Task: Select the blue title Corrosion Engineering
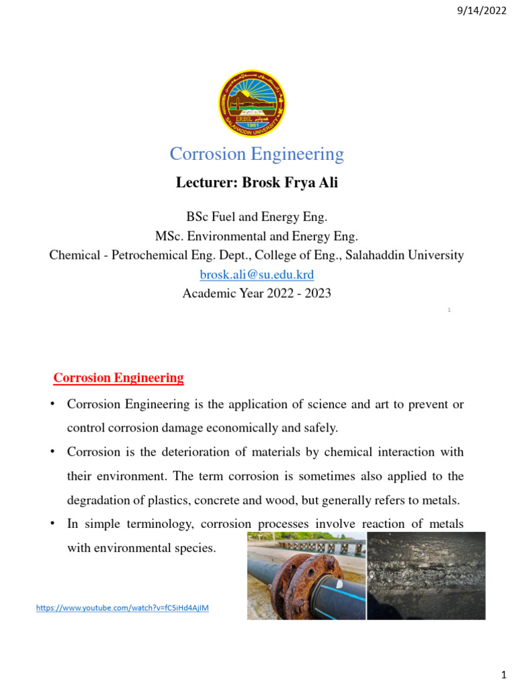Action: point(256,155)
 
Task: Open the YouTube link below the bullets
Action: point(122,607)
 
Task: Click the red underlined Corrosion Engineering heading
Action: point(118,378)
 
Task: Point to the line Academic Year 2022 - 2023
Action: point(257,293)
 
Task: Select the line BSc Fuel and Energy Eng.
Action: point(256,217)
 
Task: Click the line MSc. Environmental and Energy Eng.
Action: point(256,236)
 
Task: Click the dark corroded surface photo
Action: point(426,575)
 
